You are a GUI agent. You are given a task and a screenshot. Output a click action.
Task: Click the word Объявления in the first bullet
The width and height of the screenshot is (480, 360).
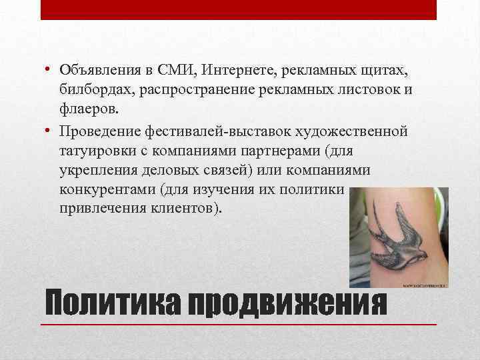(97, 71)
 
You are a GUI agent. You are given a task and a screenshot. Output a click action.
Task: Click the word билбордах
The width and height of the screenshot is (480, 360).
(95, 89)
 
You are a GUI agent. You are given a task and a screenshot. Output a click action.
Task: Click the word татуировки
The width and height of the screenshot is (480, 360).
(95, 150)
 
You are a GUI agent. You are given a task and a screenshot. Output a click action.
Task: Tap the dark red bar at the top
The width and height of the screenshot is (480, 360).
(239, 9)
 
